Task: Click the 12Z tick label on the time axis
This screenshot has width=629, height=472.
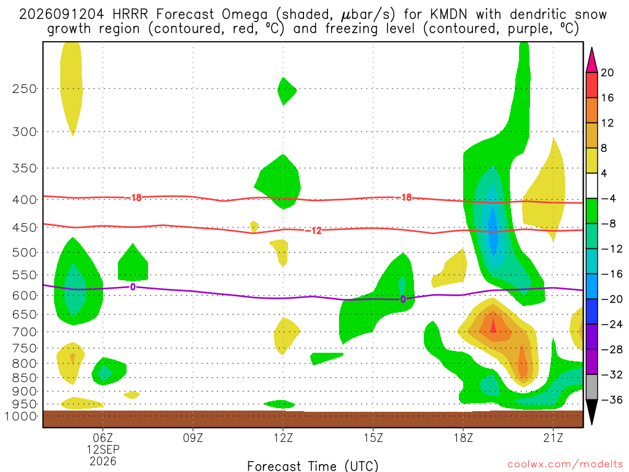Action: click(x=283, y=438)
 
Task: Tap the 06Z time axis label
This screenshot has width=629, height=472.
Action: click(x=103, y=438)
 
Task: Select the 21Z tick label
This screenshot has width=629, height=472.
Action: click(x=553, y=438)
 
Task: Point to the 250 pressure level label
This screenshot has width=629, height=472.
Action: click(x=25, y=88)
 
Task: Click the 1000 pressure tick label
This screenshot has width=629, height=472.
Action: click(x=21, y=416)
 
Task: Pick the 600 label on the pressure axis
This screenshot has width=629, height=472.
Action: click(x=25, y=296)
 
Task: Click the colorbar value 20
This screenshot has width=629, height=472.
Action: click(x=608, y=73)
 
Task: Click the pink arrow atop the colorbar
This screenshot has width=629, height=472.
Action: click(x=592, y=60)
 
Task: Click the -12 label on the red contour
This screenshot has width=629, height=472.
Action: click(x=313, y=230)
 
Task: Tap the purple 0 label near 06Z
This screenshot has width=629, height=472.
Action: click(x=133, y=287)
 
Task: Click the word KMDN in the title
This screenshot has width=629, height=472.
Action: click(x=448, y=15)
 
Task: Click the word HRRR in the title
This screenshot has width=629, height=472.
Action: click(x=130, y=15)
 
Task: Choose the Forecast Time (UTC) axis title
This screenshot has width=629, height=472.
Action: click(x=313, y=466)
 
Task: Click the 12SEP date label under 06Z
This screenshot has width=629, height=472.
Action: click(x=103, y=449)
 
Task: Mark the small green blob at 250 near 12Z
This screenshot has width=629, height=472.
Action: click(x=287, y=91)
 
